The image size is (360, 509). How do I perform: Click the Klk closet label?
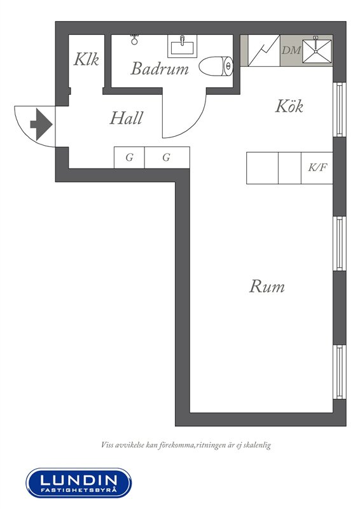pyautogui.click(x=86, y=59)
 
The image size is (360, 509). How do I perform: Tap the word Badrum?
pyautogui.click(x=160, y=69)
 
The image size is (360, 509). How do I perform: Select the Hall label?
pyautogui.click(x=127, y=118)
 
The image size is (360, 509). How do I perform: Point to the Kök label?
pyautogui.click(x=289, y=106)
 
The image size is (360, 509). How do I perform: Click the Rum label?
pyautogui.click(x=267, y=286)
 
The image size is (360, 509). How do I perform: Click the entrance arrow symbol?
pyautogui.click(x=41, y=124)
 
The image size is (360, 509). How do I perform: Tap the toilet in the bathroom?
pyautogui.click(x=216, y=66)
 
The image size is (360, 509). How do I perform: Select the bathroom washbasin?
pyautogui.click(x=182, y=46)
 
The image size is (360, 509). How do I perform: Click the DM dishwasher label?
pyautogui.click(x=291, y=50)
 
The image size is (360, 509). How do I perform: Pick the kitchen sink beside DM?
pyautogui.click(x=317, y=51)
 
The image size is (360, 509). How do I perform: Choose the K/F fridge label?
pyautogui.click(x=317, y=167)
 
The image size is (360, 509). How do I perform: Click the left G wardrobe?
pyautogui.click(x=129, y=157)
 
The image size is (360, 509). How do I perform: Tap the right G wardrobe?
pyautogui.click(x=167, y=157)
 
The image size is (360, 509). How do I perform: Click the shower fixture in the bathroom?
pyautogui.click(x=135, y=39)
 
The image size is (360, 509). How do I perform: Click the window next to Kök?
pyautogui.click(x=340, y=109)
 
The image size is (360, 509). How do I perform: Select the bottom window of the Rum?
pyautogui.click(x=340, y=372)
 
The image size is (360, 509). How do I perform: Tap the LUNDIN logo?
pyautogui.click(x=79, y=483)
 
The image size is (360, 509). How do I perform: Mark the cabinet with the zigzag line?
pyautogui.click(x=264, y=51)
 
